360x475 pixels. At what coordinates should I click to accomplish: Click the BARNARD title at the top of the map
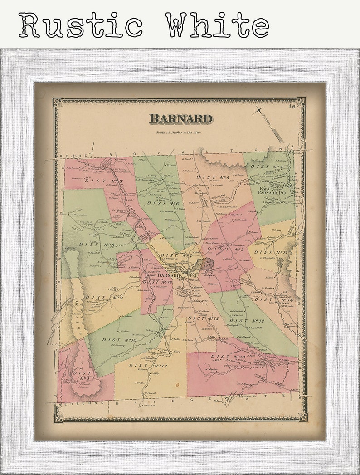point(180,119)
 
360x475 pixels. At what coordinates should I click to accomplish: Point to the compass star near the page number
point(259,110)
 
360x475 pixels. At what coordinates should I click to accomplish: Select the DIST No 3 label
point(233,249)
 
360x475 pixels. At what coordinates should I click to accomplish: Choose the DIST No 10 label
point(119,340)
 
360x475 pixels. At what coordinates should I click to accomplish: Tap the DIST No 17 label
point(148,365)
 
